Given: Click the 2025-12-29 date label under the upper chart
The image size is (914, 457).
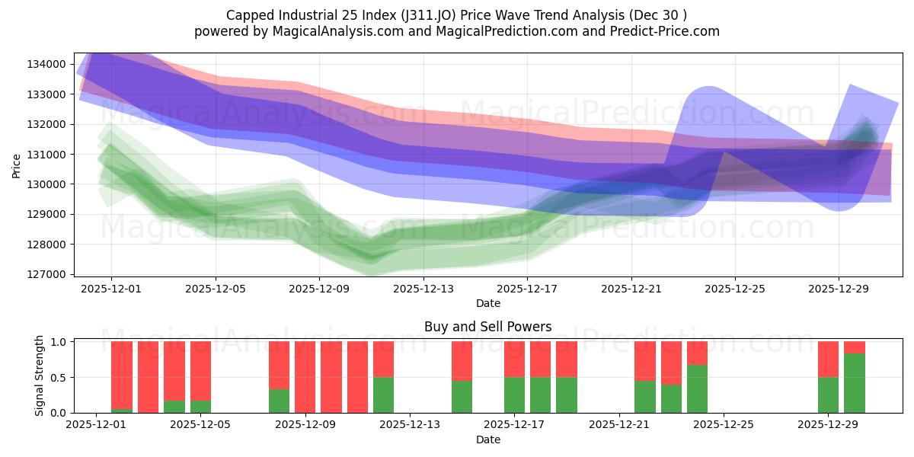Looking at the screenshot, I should point(839,289).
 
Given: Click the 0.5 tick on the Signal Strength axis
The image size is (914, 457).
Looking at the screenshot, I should point(58,378).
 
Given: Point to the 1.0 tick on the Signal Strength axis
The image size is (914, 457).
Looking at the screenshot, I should point(58,342).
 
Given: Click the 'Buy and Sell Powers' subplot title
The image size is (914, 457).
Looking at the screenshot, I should point(487,328).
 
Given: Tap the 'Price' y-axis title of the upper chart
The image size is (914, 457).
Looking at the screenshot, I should point(17,165).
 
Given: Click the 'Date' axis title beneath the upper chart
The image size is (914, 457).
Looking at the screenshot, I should point(487,303).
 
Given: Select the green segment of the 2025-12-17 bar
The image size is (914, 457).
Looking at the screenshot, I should point(514,395).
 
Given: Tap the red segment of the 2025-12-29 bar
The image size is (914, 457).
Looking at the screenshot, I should point(828,359).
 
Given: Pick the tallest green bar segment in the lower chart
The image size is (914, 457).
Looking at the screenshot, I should point(854,383).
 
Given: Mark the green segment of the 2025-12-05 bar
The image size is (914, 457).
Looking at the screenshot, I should point(200,406).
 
